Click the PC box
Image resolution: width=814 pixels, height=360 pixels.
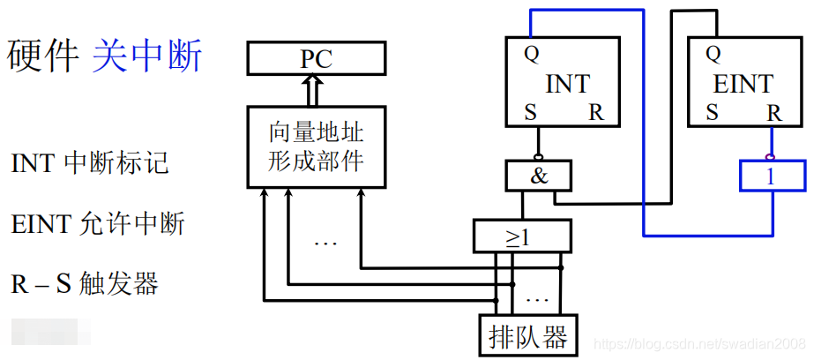[316, 58]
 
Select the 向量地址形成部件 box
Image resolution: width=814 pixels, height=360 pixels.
[316, 147]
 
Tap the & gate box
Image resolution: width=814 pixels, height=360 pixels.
[539, 176]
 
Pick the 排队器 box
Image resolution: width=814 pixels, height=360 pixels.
[528, 334]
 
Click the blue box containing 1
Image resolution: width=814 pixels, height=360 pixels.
[771, 176]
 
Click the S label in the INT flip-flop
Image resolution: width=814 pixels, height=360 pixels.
[531, 113]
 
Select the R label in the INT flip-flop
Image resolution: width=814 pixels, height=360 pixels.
[596, 113]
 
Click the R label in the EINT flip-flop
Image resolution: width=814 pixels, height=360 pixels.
[773, 113]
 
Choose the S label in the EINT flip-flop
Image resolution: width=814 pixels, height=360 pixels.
[711, 113]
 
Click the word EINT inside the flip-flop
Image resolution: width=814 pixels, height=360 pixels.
[742, 84]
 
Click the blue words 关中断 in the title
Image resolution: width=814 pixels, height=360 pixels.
[147, 56]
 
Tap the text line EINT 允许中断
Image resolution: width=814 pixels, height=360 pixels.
[98, 224]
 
